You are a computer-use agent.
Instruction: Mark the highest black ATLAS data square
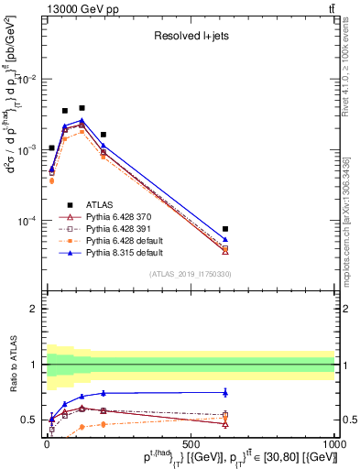82,108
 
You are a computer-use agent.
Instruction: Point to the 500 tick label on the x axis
190,443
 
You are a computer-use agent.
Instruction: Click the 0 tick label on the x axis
47,443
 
